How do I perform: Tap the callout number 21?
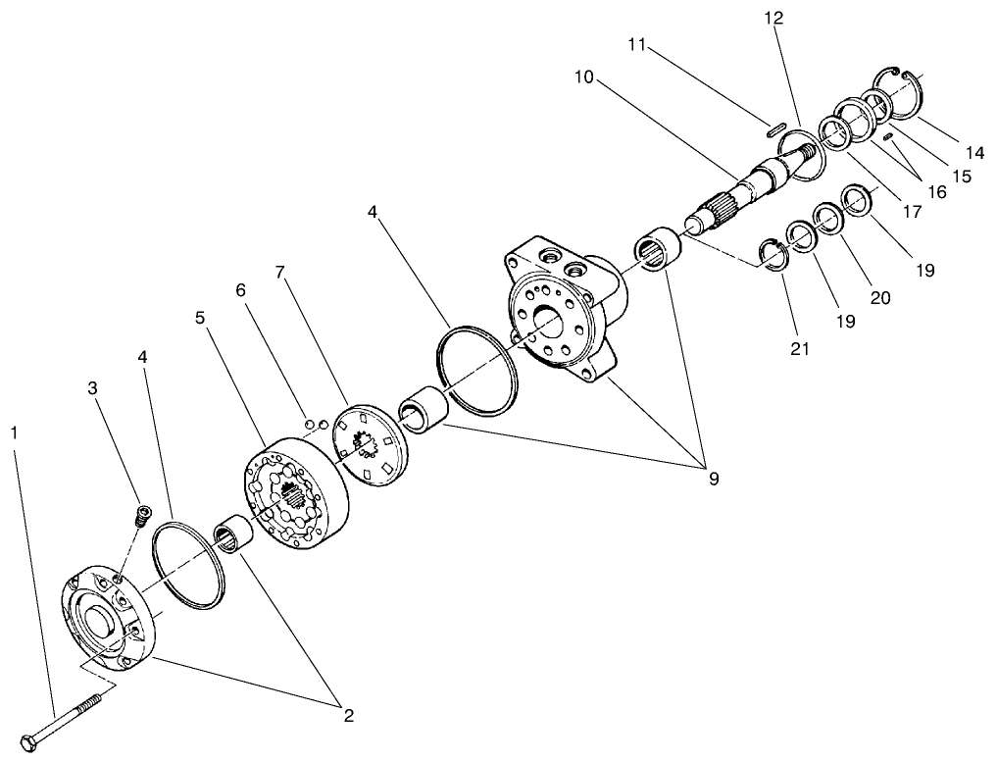(x=800, y=348)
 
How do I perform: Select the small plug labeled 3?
(x=144, y=514)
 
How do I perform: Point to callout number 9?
(x=714, y=479)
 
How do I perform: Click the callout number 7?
(x=279, y=272)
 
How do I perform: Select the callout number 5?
(x=200, y=317)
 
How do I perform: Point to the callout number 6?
(x=240, y=290)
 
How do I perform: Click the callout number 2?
(x=348, y=716)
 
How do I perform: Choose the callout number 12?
(x=773, y=18)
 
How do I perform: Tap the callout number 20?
(x=880, y=297)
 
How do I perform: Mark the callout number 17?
(x=912, y=211)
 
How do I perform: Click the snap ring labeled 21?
(x=774, y=254)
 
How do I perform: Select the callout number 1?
(x=14, y=432)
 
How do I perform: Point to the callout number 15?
(x=963, y=176)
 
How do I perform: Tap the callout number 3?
(x=93, y=387)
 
